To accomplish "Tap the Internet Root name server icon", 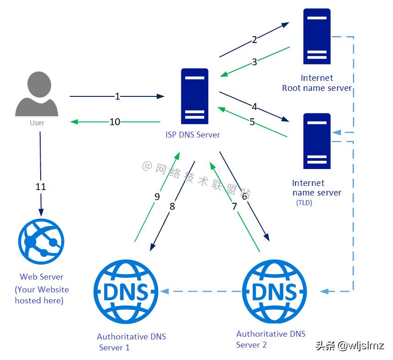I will coord(317,37).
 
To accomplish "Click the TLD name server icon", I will coord(317,141).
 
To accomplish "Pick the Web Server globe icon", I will coord(41,242).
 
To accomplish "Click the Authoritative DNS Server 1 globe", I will coord(126,291).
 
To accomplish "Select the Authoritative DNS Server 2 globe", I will coord(274,291).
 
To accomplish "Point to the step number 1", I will coord(117,96).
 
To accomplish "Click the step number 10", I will coord(115,122).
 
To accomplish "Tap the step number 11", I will coord(41,187).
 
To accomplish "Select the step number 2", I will coord(255,40).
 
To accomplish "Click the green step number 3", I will coord(255,62).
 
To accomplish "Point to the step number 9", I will coord(157,197).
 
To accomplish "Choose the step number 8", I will coord(172,206).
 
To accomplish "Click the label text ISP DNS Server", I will coord(192,135).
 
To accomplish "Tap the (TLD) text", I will coord(304,202).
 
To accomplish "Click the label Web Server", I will coord(42,277).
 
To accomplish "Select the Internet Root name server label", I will coord(317,83).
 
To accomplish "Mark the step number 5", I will coord(252,122).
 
